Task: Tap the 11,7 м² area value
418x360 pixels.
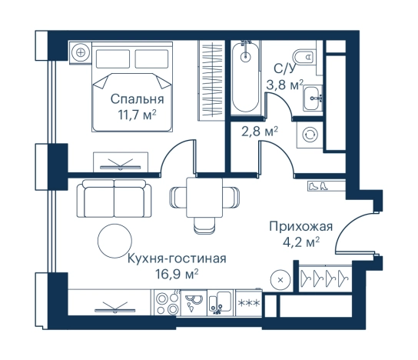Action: pyautogui.click(x=136, y=115)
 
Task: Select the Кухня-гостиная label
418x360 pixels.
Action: pyautogui.click(x=177, y=258)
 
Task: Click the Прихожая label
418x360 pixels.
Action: pyautogui.click(x=300, y=226)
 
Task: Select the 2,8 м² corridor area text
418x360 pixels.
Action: pyautogui.click(x=260, y=131)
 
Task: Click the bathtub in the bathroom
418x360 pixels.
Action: pyautogui.click(x=245, y=77)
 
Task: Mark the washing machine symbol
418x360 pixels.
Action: pyautogui.click(x=310, y=133)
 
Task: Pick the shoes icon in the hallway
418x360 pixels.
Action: pyautogui.click(x=317, y=186)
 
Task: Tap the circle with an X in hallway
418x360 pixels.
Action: pyautogui.click(x=280, y=279)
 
